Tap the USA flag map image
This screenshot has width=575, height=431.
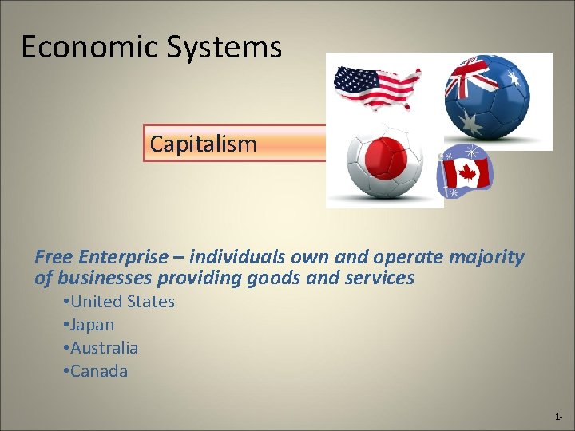coord(377,85)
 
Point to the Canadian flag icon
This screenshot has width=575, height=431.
coord(467,172)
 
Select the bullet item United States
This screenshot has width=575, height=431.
coord(122,302)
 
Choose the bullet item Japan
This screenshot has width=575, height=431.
coord(92,325)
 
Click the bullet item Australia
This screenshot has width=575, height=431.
coord(104,348)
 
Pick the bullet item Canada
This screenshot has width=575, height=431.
coord(99,371)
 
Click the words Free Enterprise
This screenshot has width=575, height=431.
coord(101,257)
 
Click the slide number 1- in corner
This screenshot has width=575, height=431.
coord(559,417)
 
